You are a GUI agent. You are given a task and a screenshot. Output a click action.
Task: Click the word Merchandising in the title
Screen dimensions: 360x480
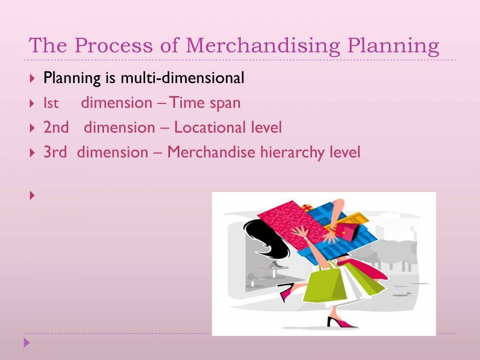(x=263, y=46)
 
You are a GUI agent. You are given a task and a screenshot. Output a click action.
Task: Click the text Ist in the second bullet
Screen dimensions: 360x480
(x=51, y=103)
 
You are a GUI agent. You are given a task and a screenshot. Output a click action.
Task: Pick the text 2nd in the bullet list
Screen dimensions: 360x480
(x=56, y=127)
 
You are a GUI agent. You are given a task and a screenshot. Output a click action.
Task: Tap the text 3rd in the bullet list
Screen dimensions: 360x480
(x=55, y=153)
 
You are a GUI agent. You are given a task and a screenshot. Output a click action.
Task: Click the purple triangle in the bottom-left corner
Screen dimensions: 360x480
(x=27, y=342)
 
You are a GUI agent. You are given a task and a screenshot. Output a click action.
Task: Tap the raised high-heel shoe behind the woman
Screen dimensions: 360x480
(x=286, y=292)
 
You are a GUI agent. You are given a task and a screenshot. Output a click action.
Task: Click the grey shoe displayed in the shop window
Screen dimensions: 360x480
(x=275, y=264)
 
